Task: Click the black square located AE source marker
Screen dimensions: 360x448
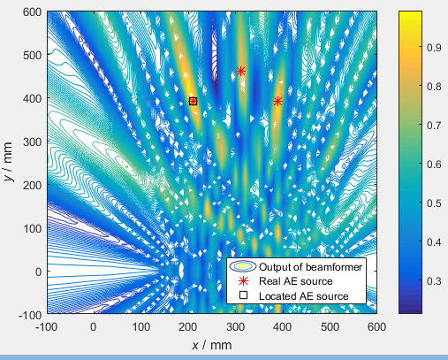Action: click(193, 102)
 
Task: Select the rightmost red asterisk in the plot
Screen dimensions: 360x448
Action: click(277, 101)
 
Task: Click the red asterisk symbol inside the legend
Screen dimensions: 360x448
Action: click(242, 280)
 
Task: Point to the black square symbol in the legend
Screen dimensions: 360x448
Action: click(242, 294)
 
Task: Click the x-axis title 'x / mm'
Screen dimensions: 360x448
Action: click(211, 343)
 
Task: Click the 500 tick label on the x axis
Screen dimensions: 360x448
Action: click(330, 326)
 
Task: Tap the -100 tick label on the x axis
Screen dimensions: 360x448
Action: click(46, 326)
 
